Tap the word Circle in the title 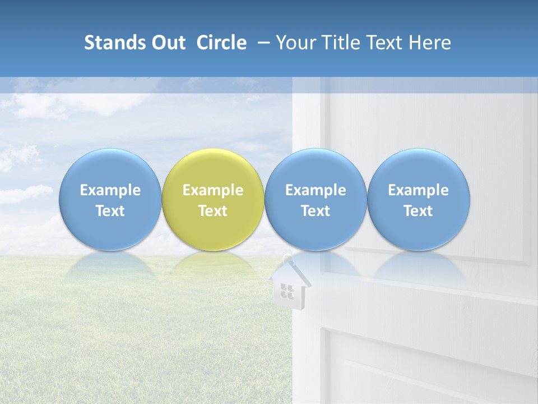click(x=221, y=43)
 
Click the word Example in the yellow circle click(x=213, y=190)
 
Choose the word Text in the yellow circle click(x=213, y=211)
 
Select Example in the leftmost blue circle click(x=110, y=190)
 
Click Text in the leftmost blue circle click(x=110, y=211)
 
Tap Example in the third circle click(x=316, y=190)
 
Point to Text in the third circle click(x=316, y=211)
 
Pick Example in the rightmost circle click(x=418, y=190)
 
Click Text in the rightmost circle click(x=418, y=211)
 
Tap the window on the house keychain click(x=287, y=290)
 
